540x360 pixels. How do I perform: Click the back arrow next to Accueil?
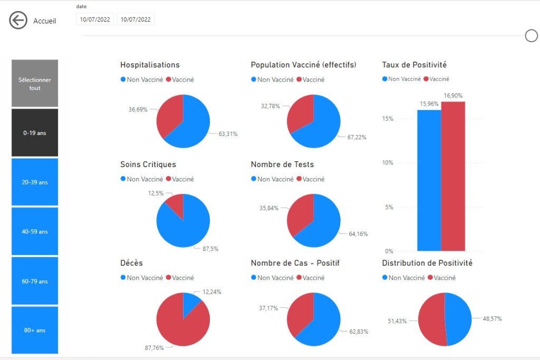pyautogui.click(x=18, y=21)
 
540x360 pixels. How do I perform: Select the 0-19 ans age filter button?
pyautogui.click(x=35, y=133)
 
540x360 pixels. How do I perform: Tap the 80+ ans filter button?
pyautogui.click(x=35, y=330)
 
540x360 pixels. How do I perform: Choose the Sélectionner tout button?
pyautogui.click(x=35, y=84)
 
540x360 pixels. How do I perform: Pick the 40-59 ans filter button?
pyautogui.click(x=35, y=231)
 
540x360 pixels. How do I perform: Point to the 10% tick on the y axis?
pyautogui.click(x=388, y=163)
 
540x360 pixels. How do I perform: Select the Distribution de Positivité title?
pyautogui.click(x=427, y=263)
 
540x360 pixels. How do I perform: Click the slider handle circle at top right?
pyautogui.click(x=531, y=35)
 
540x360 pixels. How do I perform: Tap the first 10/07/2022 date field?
pyautogui.click(x=94, y=20)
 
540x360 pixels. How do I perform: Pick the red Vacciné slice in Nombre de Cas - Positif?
pyautogui.click(x=299, y=314)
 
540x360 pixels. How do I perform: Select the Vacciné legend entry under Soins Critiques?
pyautogui.click(x=180, y=179)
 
